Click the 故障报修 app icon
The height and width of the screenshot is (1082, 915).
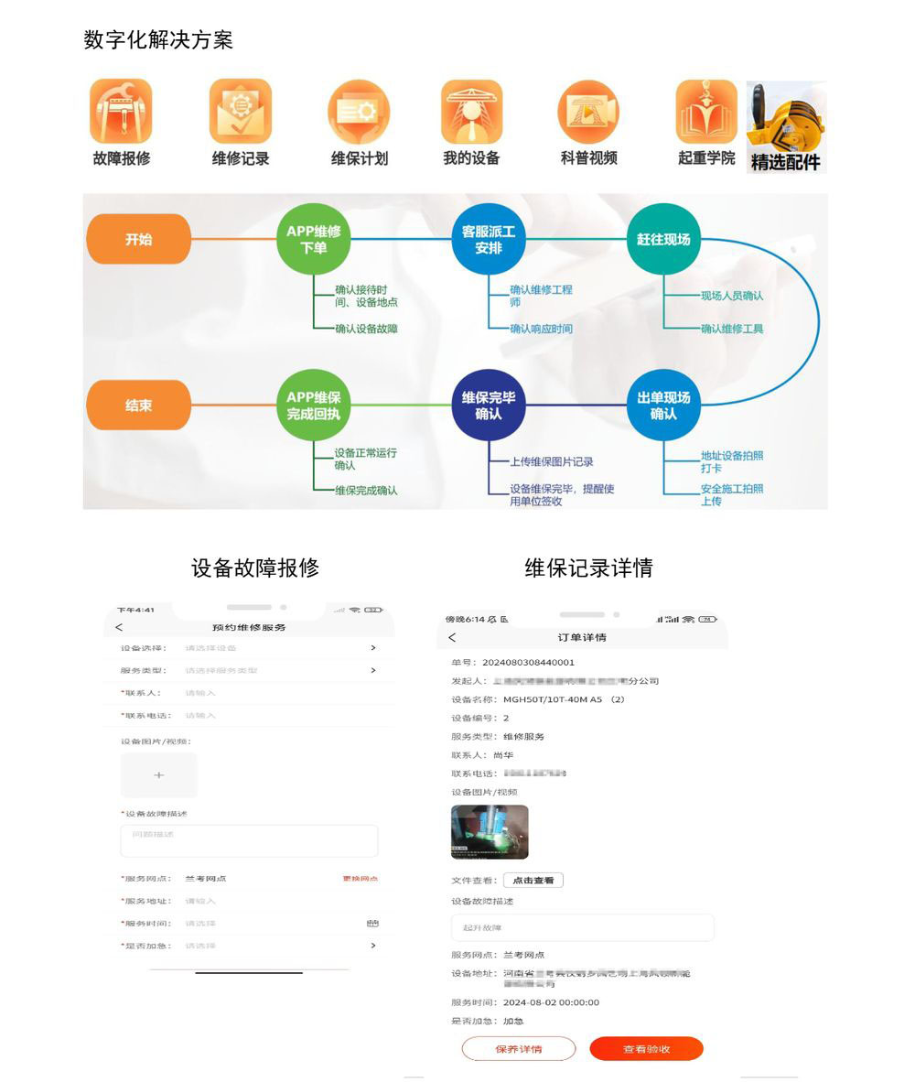click(121, 112)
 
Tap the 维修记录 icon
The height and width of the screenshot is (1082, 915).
click(241, 112)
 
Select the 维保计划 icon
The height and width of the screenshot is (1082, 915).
click(359, 112)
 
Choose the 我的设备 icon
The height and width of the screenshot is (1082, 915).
click(471, 112)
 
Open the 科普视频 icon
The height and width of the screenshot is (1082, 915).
click(588, 112)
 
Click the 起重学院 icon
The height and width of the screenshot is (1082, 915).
click(706, 112)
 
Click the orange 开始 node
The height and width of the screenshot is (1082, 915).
click(139, 239)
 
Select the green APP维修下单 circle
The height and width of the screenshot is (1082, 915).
click(314, 239)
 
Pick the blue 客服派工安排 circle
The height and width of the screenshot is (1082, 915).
click(489, 239)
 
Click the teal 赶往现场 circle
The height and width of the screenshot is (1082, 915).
click(663, 239)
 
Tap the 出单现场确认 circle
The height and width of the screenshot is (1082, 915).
click(663, 405)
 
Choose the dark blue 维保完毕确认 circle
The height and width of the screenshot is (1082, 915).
click(489, 405)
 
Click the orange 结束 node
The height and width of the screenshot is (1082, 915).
click(139, 405)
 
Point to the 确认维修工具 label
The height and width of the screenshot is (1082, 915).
click(732, 329)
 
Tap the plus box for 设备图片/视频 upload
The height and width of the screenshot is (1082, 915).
click(159, 774)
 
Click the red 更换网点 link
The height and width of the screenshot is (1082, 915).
click(360, 879)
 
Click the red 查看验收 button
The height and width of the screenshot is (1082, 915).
click(646, 1049)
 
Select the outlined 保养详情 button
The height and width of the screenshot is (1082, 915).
click(519, 1049)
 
